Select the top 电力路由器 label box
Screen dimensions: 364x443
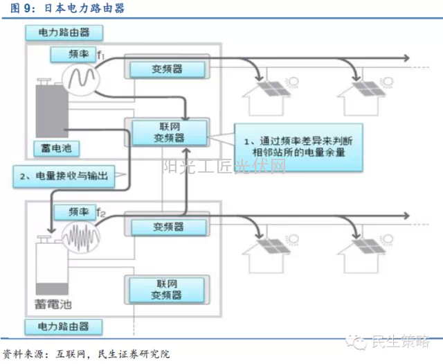[66, 33]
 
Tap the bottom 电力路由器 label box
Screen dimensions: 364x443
[66, 327]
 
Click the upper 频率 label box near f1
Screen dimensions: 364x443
[70, 54]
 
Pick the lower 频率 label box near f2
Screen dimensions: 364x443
[70, 211]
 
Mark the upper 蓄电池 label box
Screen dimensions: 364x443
[57, 148]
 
